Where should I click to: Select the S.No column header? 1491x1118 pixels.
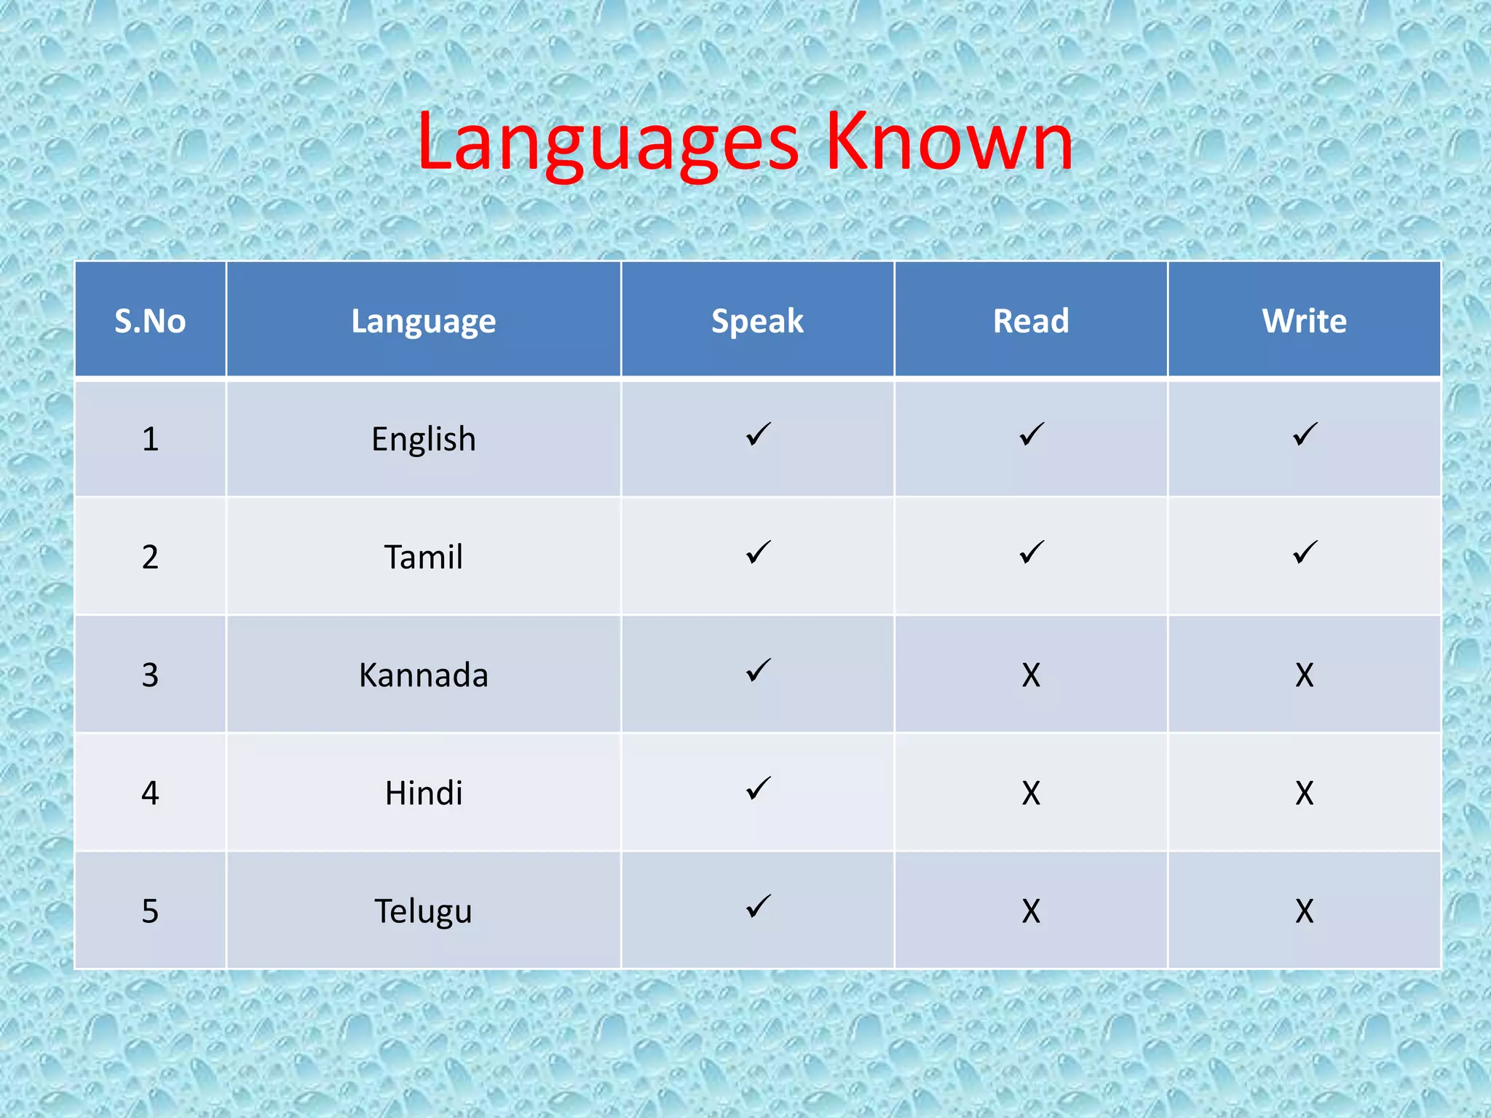pyautogui.click(x=150, y=321)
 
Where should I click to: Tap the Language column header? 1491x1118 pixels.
pyautogui.click(x=423, y=321)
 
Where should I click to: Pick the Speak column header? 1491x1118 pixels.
pyautogui.click(x=757, y=321)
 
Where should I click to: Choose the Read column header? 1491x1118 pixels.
pyautogui.click(x=1031, y=321)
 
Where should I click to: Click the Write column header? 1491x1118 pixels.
pyautogui.click(x=1304, y=321)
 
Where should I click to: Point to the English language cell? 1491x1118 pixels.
pyautogui.click(x=423, y=440)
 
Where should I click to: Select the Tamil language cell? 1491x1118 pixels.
pyautogui.click(x=423, y=558)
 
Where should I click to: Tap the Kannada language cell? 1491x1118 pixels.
pyautogui.click(x=423, y=675)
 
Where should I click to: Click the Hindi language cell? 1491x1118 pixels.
pyautogui.click(x=423, y=793)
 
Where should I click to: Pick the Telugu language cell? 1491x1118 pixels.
pyautogui.click(x=423, y=911)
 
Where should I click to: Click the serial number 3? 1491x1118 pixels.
pyautogui.click(x=150, y=675)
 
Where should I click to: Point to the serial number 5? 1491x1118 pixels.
pyautogui.click(x=150, y=911)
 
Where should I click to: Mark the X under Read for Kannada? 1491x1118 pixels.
pyautogui.click(x=1031, y=675)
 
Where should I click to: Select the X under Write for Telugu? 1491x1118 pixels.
pyautogui.click(x=1304, y=911)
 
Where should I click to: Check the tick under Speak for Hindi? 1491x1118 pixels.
pyautogui.click(x=758, y=788)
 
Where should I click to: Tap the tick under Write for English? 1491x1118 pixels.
pyautogui.click(x=1305, y=435)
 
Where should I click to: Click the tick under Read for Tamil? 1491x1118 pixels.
pyautogui.click(x=1032, y=552)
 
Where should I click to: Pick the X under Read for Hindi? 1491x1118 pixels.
pyautogui.click(x=1031, y=793)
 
